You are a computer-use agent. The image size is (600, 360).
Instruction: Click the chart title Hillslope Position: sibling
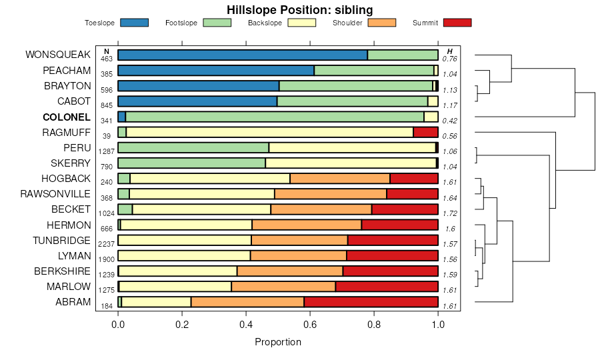click(299, 9)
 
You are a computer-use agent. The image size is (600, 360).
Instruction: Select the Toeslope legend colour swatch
click(135, 23)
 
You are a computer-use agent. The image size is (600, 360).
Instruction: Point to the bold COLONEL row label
click(67, 117)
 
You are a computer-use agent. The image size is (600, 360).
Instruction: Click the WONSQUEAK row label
click(58, 55)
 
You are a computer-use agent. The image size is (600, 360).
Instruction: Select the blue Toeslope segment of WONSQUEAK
click(242, 55)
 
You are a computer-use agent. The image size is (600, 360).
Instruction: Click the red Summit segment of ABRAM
click(371, 302)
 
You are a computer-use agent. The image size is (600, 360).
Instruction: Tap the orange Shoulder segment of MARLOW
click(283, 287)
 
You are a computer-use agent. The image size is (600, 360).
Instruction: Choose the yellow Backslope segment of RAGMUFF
click(270, 132)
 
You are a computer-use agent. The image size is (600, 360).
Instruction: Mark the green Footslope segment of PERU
click(193, 147)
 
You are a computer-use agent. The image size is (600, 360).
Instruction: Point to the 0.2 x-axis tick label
click(182, 325)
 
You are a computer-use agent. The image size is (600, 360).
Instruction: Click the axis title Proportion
click(278, 342)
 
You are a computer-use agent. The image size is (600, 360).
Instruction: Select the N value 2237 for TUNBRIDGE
click(107, 243)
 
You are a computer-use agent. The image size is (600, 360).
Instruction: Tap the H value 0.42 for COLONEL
click(449, 121)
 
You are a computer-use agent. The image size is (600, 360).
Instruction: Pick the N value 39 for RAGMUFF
click(107, 136)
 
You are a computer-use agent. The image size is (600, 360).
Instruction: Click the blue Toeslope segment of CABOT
click(197, 101)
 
